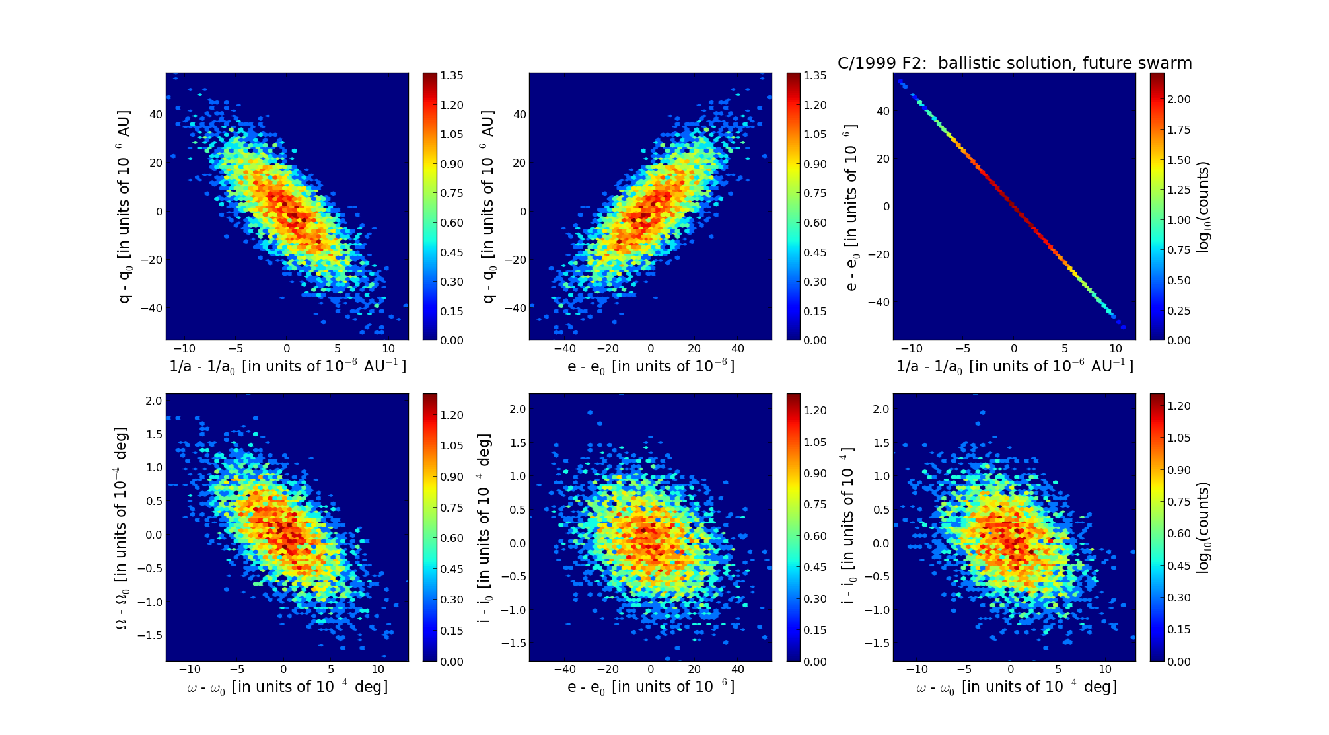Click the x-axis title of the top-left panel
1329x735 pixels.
coord(287,366)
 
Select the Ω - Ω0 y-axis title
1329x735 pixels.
coord(122,527)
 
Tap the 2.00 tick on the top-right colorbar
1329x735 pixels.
coord(1178,99)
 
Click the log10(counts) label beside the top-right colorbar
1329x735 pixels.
coord(1203,207)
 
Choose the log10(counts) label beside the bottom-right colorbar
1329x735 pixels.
coord(1203,527)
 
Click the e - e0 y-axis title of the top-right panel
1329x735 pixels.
coord(851,207)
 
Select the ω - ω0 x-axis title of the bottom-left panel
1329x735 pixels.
coord(287,687)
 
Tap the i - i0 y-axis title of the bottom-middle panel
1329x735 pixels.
coord(485,527)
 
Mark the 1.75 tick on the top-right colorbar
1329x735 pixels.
coord(1178,130)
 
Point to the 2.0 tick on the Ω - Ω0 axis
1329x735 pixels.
coord(154,401)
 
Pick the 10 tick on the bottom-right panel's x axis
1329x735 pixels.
coord(1105,669)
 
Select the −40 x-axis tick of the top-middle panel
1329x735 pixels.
coord(565,348)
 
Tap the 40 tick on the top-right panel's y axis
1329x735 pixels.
coord(882,111)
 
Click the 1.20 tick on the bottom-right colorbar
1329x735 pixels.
coord(1178,406)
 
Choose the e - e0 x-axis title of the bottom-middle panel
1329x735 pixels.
coord(651,687)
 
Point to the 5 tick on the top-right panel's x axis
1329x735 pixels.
coord(1065,348)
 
